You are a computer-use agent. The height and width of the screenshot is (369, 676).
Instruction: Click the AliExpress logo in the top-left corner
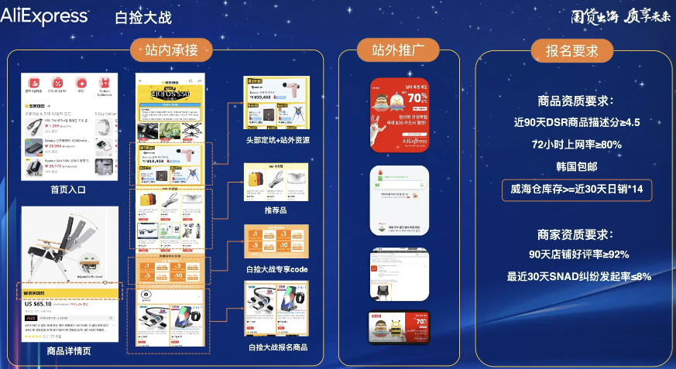pos(44,15)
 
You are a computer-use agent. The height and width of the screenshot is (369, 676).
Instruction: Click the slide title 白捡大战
pos(143,17)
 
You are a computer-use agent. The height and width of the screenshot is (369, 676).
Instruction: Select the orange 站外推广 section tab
pos(398,51)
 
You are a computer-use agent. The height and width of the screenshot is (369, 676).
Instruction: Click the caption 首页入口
pos(68,190)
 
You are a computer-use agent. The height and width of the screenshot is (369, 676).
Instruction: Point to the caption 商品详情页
pos(68,351)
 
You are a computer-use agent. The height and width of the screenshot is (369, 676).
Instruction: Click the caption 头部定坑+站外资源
pos(277,140)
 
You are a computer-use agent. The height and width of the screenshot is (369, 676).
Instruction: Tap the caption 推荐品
pos(276,210)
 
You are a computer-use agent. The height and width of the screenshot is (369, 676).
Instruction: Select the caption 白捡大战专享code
pos(276,269)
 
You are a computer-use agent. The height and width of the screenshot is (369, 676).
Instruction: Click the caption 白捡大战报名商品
pos(278,347)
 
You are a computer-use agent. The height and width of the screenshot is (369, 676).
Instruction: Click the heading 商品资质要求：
pos(575,101)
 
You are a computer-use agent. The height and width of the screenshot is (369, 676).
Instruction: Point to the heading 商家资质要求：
pos(575,234)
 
